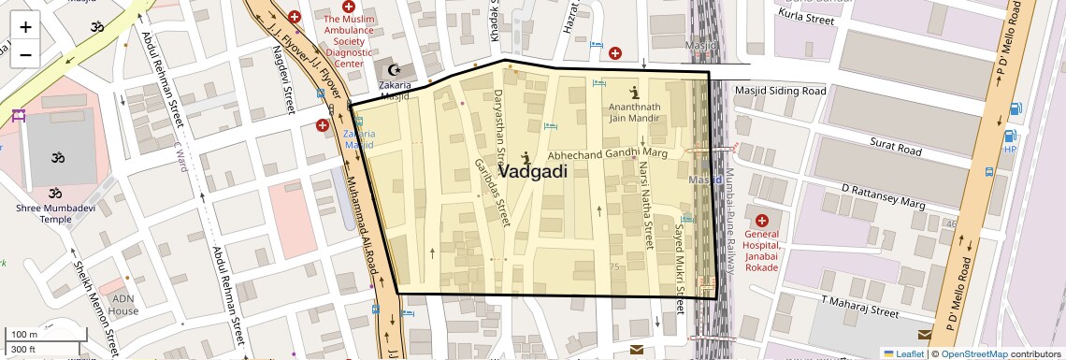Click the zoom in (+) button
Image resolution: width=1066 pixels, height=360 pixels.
click(x=25, y=27)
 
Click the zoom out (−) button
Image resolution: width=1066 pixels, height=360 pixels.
click(x=25, y=54)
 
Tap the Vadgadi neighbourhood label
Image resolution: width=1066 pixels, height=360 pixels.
click(x=533, y=172)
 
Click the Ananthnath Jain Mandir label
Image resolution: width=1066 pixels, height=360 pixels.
click(x=635, y=112)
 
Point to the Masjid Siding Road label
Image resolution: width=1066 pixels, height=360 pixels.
click(x=781, y=91)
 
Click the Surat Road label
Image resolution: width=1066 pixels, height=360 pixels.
click(x=882, y=147)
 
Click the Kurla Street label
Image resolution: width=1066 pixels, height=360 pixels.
click(x=805, y=19)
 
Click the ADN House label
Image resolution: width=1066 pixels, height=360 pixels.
click(x=123, y=305)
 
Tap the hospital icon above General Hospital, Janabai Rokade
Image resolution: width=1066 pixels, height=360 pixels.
click(x=761, y=219)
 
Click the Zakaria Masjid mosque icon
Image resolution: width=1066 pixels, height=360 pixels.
click(x=394, y=70)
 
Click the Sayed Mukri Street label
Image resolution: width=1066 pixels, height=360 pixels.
click(x=680, y=262)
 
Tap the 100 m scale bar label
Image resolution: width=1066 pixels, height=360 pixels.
click(x=23, y=334)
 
